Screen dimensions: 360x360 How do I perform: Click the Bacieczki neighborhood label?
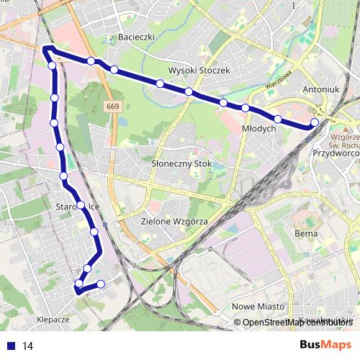[137, 37]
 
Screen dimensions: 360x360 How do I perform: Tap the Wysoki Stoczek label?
[199, 71]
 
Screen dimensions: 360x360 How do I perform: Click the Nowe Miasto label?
[257, 307]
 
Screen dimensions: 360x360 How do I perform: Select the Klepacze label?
[52, 318]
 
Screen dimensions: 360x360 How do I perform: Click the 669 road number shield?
[112, 107]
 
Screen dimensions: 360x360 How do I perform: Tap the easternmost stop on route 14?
[315, 122]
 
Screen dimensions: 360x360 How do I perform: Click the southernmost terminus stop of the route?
[78, 290]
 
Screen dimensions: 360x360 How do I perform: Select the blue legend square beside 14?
[11, 346]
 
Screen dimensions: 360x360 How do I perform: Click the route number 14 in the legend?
[28, 346]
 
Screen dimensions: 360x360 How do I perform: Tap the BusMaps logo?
[325, 346]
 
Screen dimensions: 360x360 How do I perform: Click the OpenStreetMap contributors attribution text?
[295, 322]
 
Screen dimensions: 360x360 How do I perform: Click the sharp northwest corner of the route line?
[45, 48]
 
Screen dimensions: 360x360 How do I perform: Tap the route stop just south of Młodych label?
[278, 118]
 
